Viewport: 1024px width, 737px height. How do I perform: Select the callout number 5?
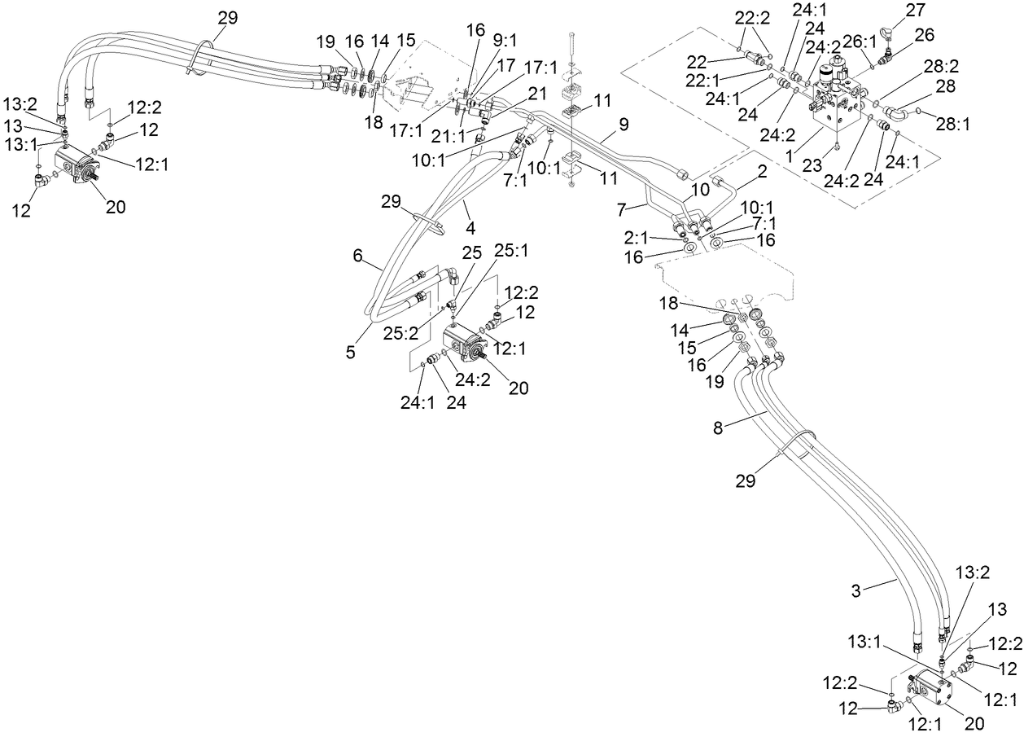350,353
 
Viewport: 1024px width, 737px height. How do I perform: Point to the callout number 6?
357,255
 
